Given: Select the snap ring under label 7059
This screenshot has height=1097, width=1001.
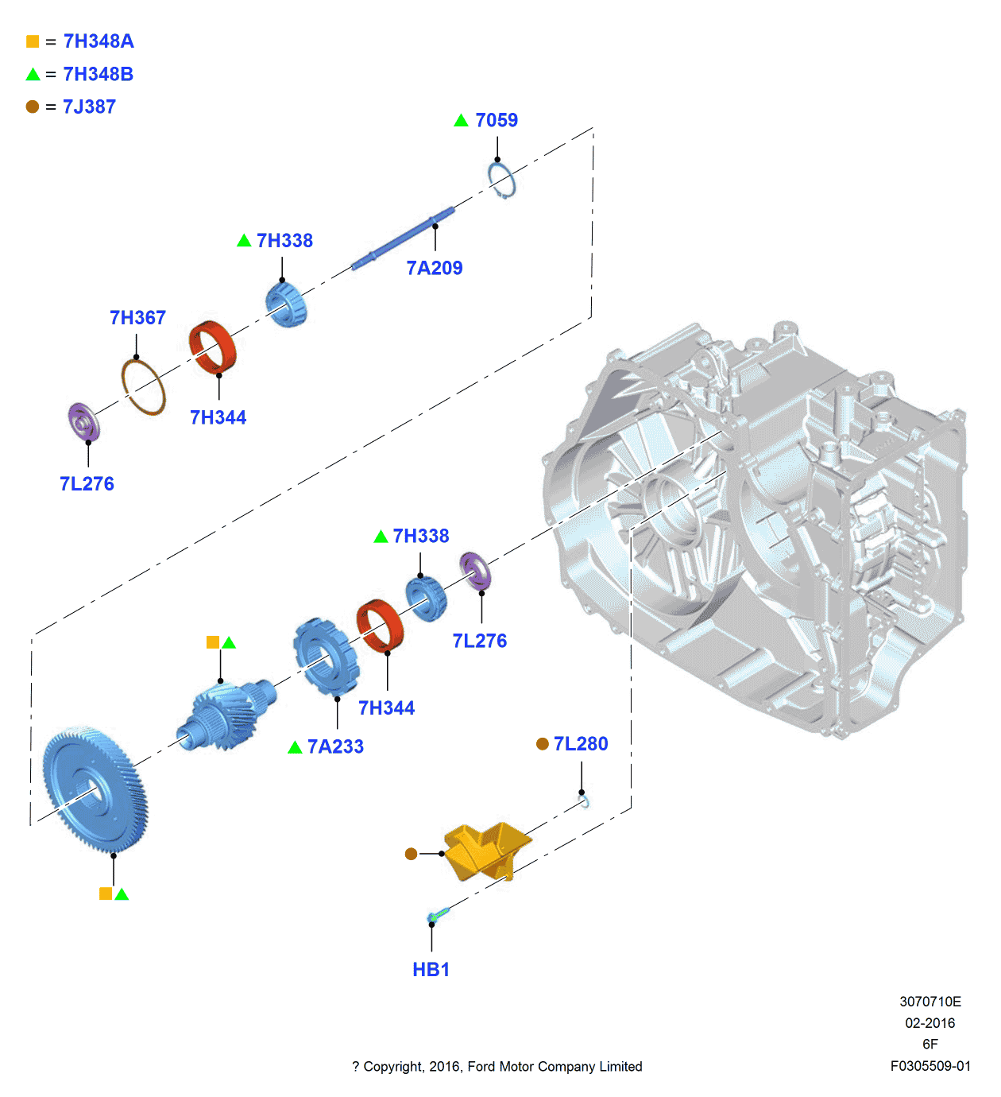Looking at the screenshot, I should (501, 180).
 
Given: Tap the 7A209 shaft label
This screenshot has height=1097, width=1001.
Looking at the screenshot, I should (434, 268).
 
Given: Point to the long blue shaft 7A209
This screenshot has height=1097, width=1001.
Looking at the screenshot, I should (403, 238).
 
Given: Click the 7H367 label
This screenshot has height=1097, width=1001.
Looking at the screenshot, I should (137, 318).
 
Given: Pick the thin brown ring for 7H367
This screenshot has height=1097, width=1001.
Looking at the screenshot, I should (143, 386).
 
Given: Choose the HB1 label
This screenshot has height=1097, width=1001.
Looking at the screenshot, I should (431, 970).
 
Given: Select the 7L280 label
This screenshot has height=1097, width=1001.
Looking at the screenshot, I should (581, 744).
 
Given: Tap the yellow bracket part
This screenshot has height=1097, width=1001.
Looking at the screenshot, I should (485, 851).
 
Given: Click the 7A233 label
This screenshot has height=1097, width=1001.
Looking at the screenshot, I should (335, 747).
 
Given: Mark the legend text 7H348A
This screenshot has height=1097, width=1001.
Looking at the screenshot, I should (99, 41).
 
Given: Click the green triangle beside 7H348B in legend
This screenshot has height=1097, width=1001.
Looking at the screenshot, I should (33, 75).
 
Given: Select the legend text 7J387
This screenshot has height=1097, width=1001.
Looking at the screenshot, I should (89, 107).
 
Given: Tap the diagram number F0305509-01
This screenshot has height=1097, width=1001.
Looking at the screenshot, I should (930, 1066).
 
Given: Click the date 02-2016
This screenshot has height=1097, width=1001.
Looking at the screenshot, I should (930, 1023).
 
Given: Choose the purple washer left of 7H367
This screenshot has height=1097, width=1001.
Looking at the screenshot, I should (83, 422).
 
